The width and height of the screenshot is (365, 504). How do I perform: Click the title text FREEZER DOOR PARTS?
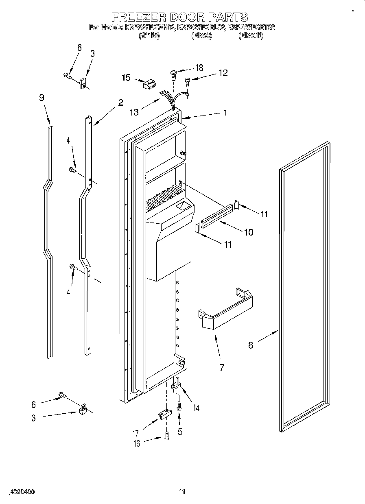coord(180,17)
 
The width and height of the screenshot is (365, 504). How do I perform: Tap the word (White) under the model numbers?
coord(149,36)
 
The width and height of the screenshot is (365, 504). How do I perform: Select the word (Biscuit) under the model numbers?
coord(251,36)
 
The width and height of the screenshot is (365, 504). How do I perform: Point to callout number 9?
coord(42,98)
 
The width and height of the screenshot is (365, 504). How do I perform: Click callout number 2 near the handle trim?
coord(120,103)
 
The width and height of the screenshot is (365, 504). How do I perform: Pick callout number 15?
coord(126,77)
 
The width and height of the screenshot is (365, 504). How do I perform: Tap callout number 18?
coord(199,68)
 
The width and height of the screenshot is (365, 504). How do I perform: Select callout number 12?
coord(223,73)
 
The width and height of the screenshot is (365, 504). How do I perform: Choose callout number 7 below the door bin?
coord(222,367)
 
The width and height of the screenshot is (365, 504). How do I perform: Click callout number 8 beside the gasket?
coord(251,345)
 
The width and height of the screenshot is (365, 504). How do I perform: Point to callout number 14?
coord(197,407)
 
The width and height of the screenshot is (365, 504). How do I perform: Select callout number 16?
coord(137,443)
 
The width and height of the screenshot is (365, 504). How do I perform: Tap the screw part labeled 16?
coord(166,436)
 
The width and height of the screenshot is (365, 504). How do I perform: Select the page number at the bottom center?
coord(182,492)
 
